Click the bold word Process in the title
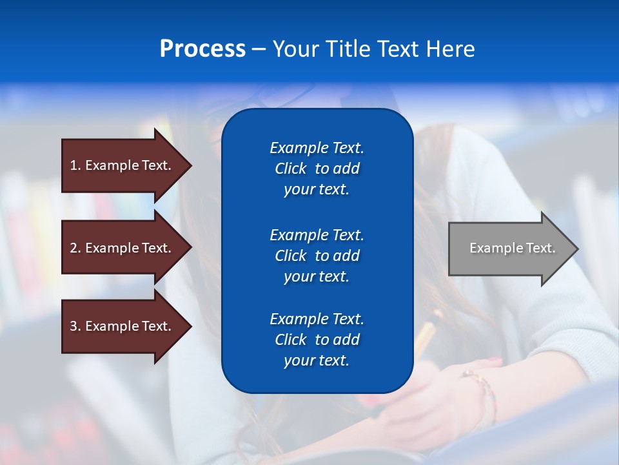202,49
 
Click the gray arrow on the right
509,249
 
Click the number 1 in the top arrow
74,165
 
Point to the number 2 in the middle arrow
74,248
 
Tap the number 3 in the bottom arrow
74,326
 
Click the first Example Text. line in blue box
317,148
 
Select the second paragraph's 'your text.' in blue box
317,276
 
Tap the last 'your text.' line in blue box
317,361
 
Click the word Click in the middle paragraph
291,256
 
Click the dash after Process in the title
259,50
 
